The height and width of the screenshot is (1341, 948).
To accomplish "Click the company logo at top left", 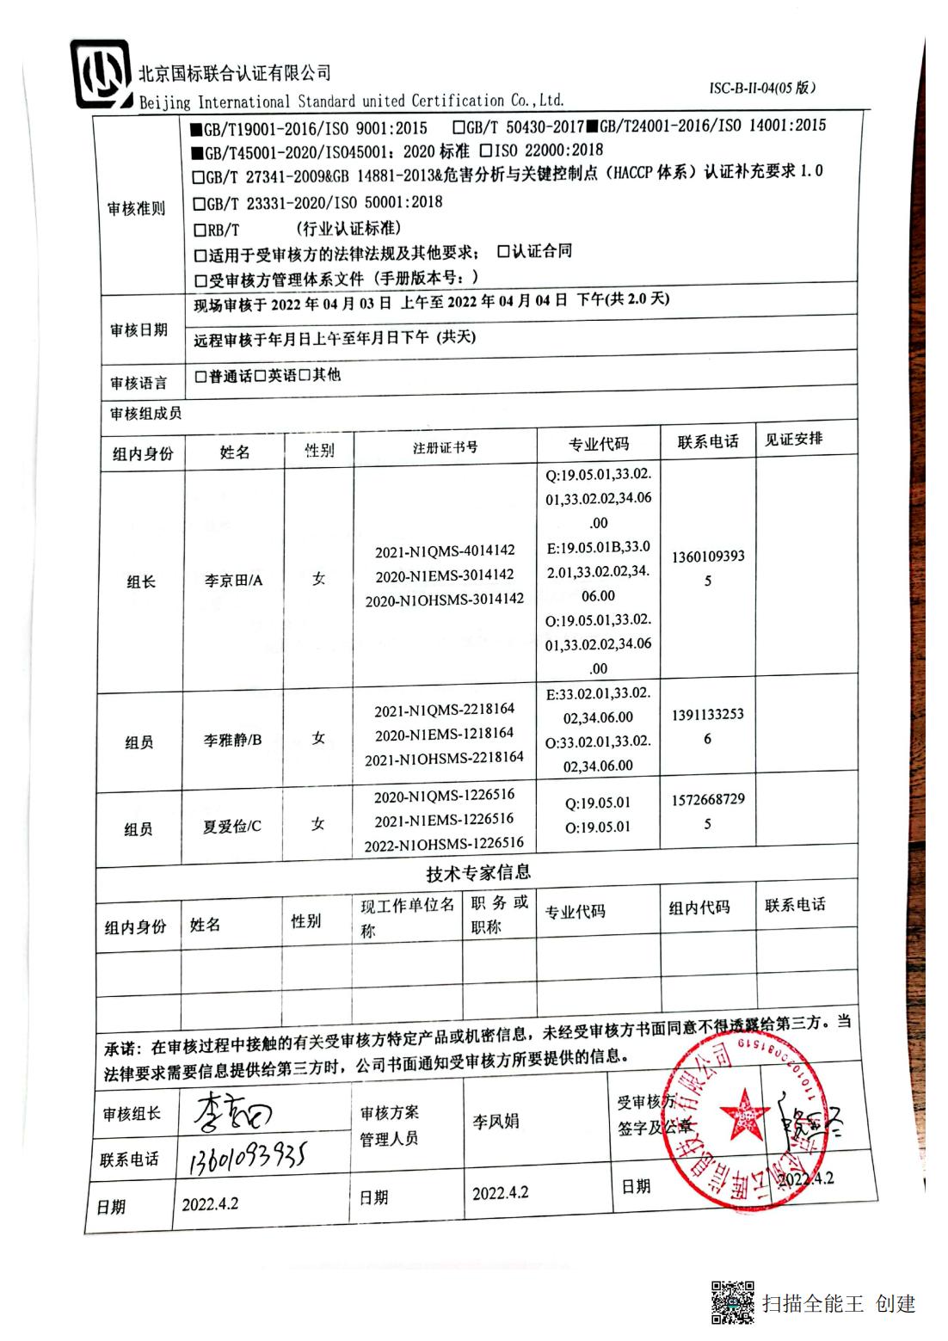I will pos(102,75).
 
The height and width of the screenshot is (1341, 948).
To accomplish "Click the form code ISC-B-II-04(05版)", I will pos(762,88).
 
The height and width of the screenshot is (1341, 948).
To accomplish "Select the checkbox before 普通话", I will pos(201,377).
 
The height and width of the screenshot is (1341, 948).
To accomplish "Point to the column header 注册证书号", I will pos(445,446).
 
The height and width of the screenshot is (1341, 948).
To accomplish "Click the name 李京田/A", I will pos(233,581).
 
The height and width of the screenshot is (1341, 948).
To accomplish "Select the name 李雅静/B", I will pos(232,740).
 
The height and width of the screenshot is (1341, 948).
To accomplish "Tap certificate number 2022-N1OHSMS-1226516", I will pos(444,844).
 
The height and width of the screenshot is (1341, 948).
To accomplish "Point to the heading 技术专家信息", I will pos(478,873).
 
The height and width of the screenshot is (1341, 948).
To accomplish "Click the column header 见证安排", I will pos(793,440).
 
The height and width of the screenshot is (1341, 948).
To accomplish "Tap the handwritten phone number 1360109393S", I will pos(246,1160).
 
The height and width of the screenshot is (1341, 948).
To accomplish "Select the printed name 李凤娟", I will pos(496,1122).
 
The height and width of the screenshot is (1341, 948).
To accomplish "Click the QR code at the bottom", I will pos(731,1301).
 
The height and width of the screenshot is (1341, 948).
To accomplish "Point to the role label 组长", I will pos(140,582).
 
